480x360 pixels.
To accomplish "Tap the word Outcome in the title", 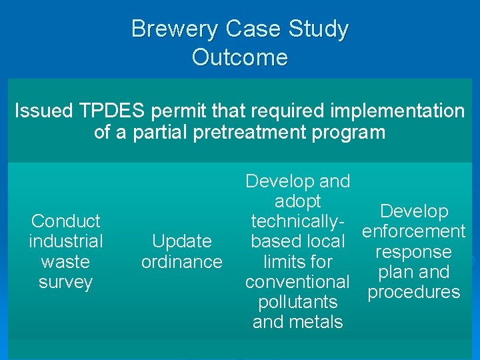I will [x=240, y=57].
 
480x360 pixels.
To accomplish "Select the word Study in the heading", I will [x=318, y=29].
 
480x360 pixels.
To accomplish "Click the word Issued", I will [x=41, y=111].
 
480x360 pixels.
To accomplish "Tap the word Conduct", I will [x=65, y=221].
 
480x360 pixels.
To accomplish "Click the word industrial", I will [x=65, y=241].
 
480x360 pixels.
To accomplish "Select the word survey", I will [x=65, y=282].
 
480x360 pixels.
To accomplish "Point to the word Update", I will [x=181, y=241].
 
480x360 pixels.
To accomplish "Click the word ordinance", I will [x=181, y=262].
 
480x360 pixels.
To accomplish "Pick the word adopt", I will [x=297, y=201].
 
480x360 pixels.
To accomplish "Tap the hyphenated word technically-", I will [x=297, y=221].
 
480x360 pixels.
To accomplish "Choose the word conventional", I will [x=297, y=282].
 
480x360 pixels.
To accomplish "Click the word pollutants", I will [x=297, y=302].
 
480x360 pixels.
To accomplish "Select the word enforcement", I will [x=413, y=232].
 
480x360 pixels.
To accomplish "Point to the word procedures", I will [x=413, y=293].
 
